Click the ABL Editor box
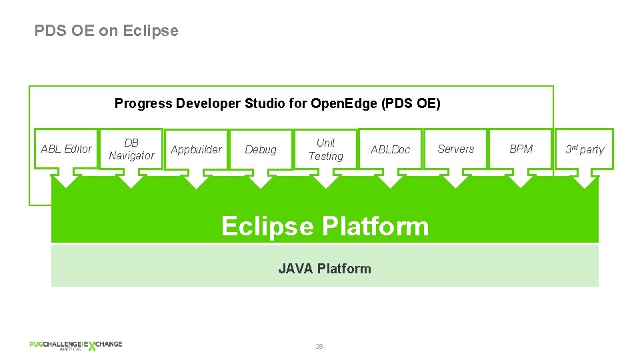pyautogui.click(x=66, y=149)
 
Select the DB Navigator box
pyautogui.click(x=131, y=149)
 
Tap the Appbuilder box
pyautogui.click(x=196, y=149)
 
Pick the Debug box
pyautogui.click(x=261, y=149)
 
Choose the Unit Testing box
pyautogui.click(x=325, y=149)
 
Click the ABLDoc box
pyautogui.click(x=391, y=149)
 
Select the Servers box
pyautogui.click(x=455, y=149)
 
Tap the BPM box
pyautogui.click(x=521, y=149)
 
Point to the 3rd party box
pyautogui.click(x=585, y=149)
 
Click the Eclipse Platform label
pyautogui.click(x=325, y=226)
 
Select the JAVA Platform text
pyautogui.click(x=325, y=269)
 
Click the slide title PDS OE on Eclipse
pyautogui.click(x=107, y=31)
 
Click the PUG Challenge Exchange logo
pyautogui.click(x=75, y=345)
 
